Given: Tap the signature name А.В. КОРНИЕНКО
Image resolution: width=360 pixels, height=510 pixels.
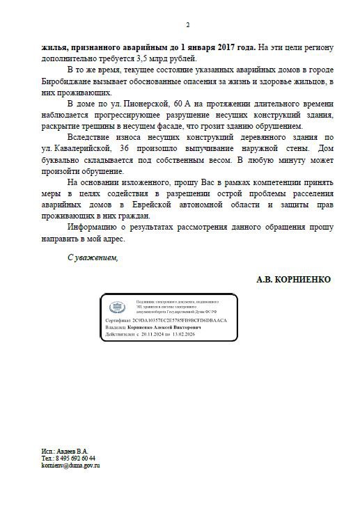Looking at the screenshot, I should coord(294,278).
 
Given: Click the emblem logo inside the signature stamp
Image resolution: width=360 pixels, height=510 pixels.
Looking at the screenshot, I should coord(116,306).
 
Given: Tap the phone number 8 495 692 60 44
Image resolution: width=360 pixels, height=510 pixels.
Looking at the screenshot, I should coord(76,458).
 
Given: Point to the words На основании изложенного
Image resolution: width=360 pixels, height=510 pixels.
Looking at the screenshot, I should coord(117,182).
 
